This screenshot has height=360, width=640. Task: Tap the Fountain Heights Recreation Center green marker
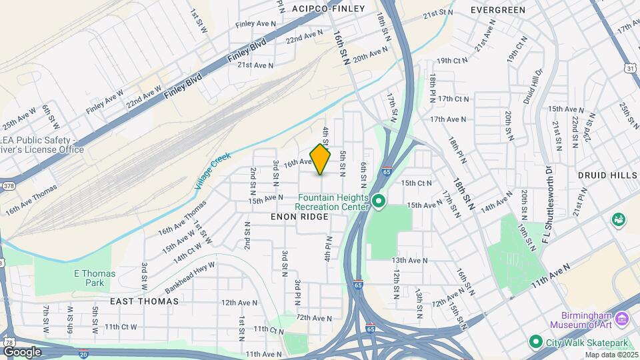pyautogui.click(x=379, y=201)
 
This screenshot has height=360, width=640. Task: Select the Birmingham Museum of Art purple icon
pyautogui.click(x=623, y=319)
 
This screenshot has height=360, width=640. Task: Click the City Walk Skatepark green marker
pyautogui.click(x=535, y=342)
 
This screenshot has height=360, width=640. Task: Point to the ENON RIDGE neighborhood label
pyautogui.click(x=299, y=217)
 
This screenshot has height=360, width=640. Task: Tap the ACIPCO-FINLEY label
pyautogui.click(x=329, y=9)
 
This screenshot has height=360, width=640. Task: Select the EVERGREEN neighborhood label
pyautogui.click(x=498, y=10)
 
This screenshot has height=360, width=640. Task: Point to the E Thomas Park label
pyautogui.click(x=95, y=278)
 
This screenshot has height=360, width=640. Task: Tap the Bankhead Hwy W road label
pyautogui.click(x=191, y=275)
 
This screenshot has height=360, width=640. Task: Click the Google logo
pyautogui.click(x=22, y=351)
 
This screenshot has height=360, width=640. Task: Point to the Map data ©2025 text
pyautogui.click(x=611, y=355)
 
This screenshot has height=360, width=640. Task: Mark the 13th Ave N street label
pyautogui.click(x=409, y=260)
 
